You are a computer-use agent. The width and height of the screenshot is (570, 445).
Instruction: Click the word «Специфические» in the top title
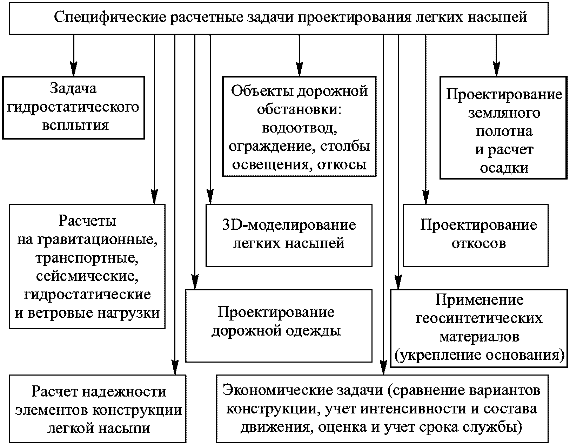110,17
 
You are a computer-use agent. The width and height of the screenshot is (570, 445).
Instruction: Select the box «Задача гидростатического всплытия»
73,108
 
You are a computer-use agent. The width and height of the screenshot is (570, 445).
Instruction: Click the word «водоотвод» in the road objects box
300,128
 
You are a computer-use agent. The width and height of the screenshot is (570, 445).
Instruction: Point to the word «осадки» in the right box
504,168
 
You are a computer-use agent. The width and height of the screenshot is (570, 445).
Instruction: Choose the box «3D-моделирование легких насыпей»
289,235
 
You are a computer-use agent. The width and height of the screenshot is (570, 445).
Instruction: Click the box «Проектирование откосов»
476,235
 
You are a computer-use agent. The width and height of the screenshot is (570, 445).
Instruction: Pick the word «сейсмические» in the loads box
87,276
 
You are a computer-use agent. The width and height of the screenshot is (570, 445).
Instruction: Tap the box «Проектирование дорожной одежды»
279,326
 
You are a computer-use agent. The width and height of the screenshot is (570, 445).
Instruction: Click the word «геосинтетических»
479,318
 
